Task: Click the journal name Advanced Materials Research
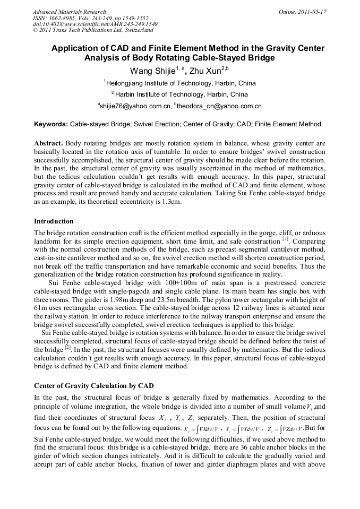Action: [x=69, y=12]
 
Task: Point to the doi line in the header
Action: [x=95, y=24]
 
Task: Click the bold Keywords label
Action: [x=51, y=124]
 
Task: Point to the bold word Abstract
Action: [x=49, y=144]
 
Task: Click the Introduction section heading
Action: [x=54, y=221]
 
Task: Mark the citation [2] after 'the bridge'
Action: [x=67, y=348]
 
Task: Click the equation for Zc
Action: [x=284, y=429]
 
